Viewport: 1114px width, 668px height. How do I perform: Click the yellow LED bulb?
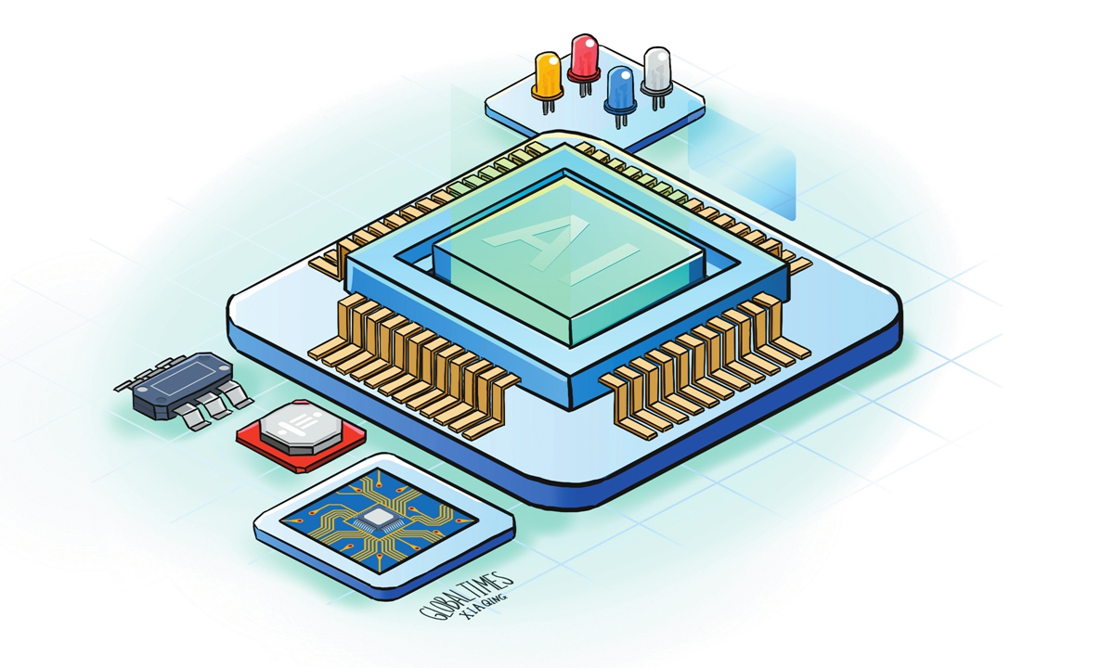tap(548, 75)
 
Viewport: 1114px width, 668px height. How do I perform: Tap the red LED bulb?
tap(584, 58)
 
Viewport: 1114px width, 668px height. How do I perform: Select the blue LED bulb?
tap(621, 89)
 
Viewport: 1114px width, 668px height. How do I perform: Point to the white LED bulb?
tap(657, 71)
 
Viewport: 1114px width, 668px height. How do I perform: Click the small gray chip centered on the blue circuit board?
tap(379, 519)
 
